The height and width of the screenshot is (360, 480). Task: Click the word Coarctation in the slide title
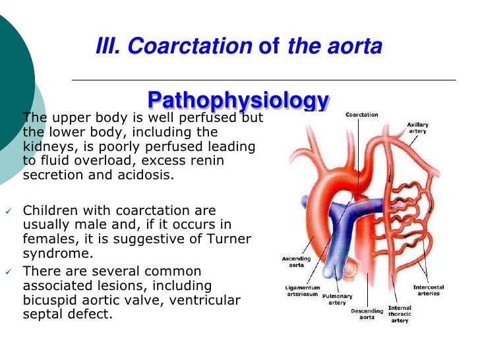click(191, 46)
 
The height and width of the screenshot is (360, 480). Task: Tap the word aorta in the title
click(358, 46)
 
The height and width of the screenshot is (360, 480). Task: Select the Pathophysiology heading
click(238, 100)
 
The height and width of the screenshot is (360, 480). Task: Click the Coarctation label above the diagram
click(362, 115)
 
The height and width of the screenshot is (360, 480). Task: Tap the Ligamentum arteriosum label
click(303, 291)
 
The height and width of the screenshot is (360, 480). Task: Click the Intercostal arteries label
click(429, 291)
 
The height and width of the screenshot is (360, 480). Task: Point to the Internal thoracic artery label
click(400, 314)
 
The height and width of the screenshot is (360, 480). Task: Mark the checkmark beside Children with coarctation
click(9, 211)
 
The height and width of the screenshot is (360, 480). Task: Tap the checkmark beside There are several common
click(9, 272)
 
